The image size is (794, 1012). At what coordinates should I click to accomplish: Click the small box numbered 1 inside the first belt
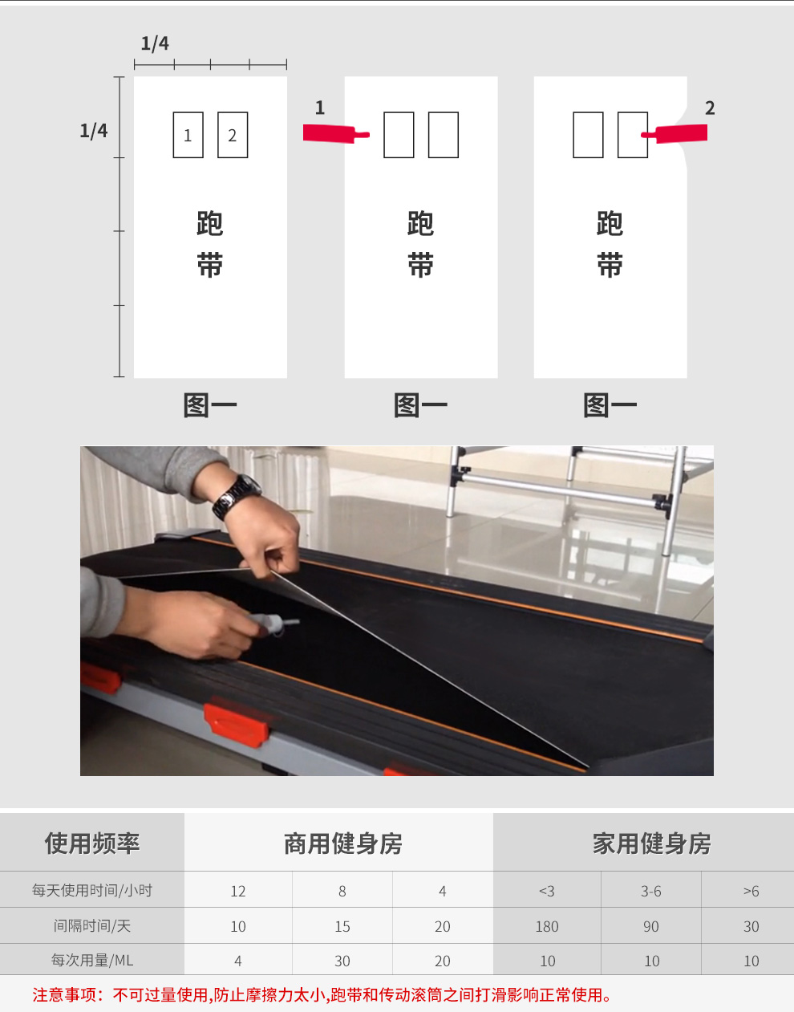click(188, 135)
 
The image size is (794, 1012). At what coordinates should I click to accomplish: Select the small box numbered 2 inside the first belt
click(233, 135)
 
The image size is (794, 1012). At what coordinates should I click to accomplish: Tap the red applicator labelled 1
click(335, 134)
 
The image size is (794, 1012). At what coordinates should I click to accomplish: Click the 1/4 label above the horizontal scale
click(155, 44)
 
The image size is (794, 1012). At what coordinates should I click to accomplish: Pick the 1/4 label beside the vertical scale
click(94, 131)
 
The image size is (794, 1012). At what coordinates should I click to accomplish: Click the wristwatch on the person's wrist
click(236, 497)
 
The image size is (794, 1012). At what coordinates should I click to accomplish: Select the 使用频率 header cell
click(92, 843)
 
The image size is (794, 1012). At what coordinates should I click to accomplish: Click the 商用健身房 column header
click(343, 843)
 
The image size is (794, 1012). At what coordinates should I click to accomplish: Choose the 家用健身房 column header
click(651, 843)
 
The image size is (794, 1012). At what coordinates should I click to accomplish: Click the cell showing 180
click(547, 926)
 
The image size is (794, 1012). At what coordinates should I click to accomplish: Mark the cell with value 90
click(650, 926)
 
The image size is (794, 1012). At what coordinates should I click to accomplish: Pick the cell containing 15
click(342, 926)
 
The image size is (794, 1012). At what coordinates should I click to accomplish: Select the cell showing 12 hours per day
click(238, 891)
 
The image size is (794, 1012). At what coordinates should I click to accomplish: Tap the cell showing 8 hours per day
click(342, 891)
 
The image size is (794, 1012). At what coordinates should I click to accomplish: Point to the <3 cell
click(547, 891)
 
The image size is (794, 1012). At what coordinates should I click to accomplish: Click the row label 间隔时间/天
click(92, 926)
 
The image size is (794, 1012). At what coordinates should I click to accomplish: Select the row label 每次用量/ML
click(92, 961)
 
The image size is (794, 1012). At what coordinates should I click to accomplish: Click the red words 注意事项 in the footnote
click(64, 995)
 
